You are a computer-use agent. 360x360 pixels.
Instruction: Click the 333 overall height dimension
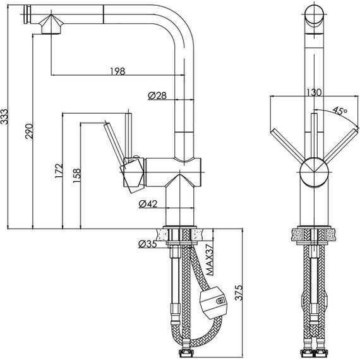pos(4,117)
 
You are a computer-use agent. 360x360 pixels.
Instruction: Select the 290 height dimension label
pos(29,131)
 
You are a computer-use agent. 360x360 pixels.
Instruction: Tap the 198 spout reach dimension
pos(117,71)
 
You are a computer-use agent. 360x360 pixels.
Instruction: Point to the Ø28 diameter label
pos(157,95)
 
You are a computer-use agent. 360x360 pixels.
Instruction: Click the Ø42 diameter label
pos(148,203)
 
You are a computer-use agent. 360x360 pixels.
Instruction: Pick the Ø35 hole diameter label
pos(148,244)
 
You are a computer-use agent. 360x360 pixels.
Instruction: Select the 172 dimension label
pos(59,171)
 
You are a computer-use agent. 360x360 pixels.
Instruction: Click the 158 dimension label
pos(77,176)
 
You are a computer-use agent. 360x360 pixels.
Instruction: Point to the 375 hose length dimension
pos(239,292)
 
